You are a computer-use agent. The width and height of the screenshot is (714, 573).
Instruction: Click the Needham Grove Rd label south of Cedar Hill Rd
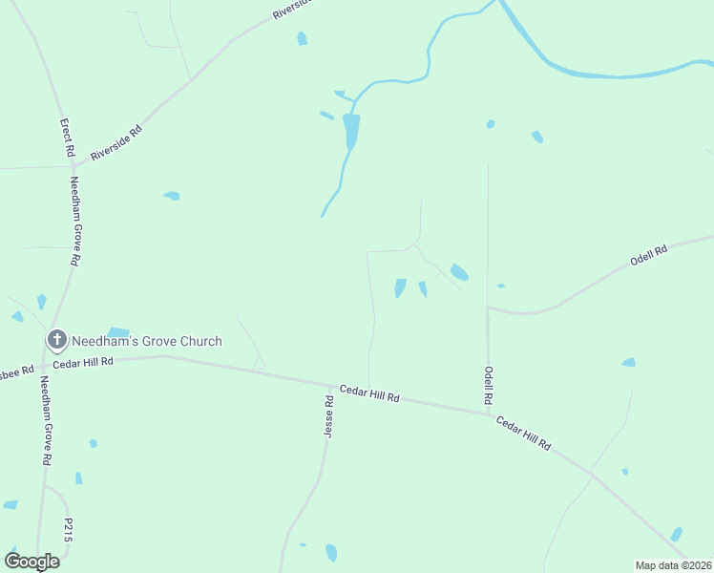click(x=45, y=420)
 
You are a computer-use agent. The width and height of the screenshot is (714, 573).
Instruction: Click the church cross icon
click(x=57, y=339)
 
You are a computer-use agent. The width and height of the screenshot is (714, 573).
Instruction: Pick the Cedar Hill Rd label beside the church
click(x=83, y=362)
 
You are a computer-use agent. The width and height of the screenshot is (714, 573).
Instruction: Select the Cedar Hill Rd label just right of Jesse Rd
click(x=369, y=393)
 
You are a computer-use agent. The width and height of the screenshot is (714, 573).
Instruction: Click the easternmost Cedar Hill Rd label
click(x=523, y=432)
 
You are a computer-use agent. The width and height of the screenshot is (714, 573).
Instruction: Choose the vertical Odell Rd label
click(x=488, y=385)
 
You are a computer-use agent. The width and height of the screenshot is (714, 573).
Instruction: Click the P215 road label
click(x=68, y=531)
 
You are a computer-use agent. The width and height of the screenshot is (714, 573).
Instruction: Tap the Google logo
click(x=31, y=561)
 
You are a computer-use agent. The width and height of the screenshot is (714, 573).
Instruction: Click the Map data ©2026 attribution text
click(x=673, y=564)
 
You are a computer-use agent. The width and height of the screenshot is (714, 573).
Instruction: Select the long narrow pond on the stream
click(x=351, y=131)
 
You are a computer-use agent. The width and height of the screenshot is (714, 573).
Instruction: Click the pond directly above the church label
click(x=118, y=332)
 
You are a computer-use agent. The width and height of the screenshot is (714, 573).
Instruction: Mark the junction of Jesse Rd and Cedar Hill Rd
click(x=330, y=386)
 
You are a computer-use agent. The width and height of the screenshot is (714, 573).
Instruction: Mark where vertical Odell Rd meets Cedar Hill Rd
click(x=488, y=414)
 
